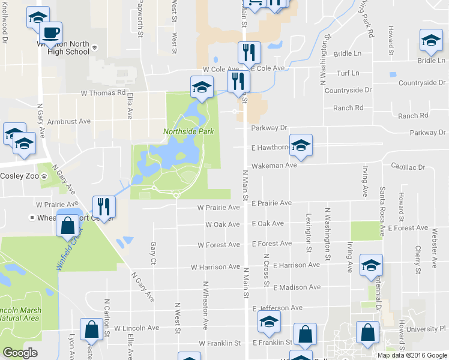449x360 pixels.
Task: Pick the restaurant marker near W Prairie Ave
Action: click(103, 207)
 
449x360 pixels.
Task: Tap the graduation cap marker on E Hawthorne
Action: click(301, 145)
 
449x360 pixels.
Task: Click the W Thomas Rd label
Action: click(103, 93)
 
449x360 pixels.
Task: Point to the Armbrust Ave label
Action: click(68, 121)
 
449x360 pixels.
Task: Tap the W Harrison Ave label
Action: click(215, 267)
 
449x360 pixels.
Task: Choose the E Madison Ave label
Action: click(288, 287)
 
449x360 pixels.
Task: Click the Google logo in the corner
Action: click(20, 353)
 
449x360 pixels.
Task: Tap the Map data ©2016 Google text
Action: click(412, 355)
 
